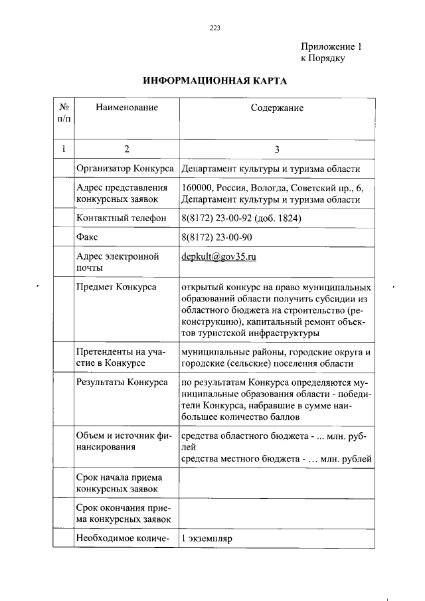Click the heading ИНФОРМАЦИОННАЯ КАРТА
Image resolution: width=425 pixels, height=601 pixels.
(x=215, y=81)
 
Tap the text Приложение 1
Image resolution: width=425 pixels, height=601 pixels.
(x=331, y=47)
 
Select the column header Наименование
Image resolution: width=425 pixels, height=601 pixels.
(x=126, y=108)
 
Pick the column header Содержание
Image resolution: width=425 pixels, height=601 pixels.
(x=277, y=108)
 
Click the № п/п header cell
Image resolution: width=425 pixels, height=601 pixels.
(x=64, y=112)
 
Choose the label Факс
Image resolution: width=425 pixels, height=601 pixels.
(x=88, y=237)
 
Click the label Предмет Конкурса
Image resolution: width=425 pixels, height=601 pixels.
(x=117, y=287)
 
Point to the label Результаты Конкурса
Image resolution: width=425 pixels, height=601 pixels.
(x=122, y=382)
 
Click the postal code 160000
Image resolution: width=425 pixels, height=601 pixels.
(x=197, y=188)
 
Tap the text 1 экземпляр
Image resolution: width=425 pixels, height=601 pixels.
(x=206, y=539)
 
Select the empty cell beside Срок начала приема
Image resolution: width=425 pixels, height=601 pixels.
(x=277, y=483)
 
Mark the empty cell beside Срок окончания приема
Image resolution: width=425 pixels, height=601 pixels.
(x=277, y=513)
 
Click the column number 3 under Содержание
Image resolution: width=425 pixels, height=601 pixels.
(x=277, y=149)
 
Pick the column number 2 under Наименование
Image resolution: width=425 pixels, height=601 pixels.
(x=126, y=149)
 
